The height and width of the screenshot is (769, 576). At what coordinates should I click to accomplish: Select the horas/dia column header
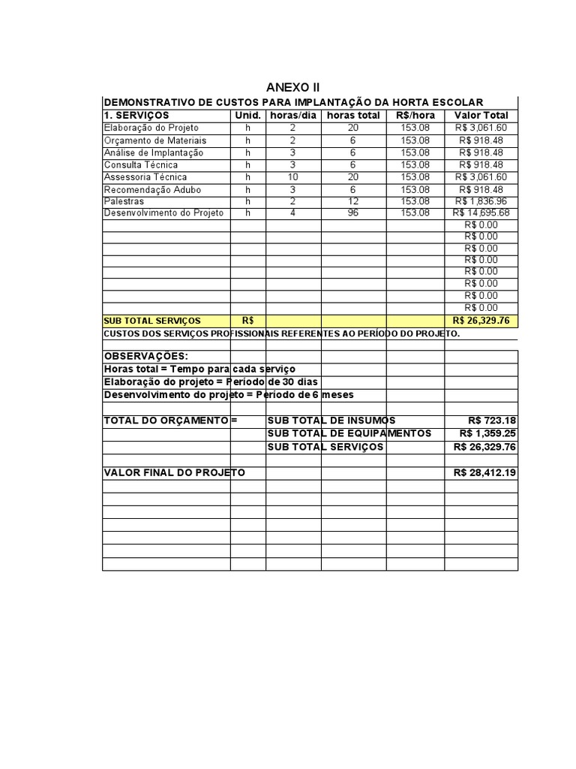coord(293,116)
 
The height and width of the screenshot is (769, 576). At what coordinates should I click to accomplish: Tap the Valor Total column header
coord(481,116)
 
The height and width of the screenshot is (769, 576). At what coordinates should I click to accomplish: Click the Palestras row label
coord(124,201)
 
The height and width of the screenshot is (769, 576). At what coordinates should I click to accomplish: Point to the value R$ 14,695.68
coord(481,213)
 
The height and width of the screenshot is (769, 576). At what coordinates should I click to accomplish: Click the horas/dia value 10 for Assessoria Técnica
coord(293,177)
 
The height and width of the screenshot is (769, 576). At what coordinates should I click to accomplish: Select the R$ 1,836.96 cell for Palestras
coord(481,201)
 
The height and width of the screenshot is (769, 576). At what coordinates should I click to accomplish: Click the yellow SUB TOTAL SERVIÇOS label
coord(152,321)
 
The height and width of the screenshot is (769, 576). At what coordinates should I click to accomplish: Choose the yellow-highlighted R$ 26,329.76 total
coord(481,321)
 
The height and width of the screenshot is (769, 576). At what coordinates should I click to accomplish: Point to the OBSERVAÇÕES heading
coord(145,356)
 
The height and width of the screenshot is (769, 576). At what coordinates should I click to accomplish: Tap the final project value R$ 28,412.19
coord(484,473)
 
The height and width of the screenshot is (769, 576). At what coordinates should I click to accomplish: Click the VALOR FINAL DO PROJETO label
coord(174,473)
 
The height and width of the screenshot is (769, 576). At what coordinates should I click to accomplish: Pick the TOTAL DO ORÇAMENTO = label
coord(170,421)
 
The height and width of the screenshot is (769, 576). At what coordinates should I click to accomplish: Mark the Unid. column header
coord(248,116)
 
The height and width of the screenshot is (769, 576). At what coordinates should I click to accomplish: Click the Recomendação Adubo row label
coord(152,189)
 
